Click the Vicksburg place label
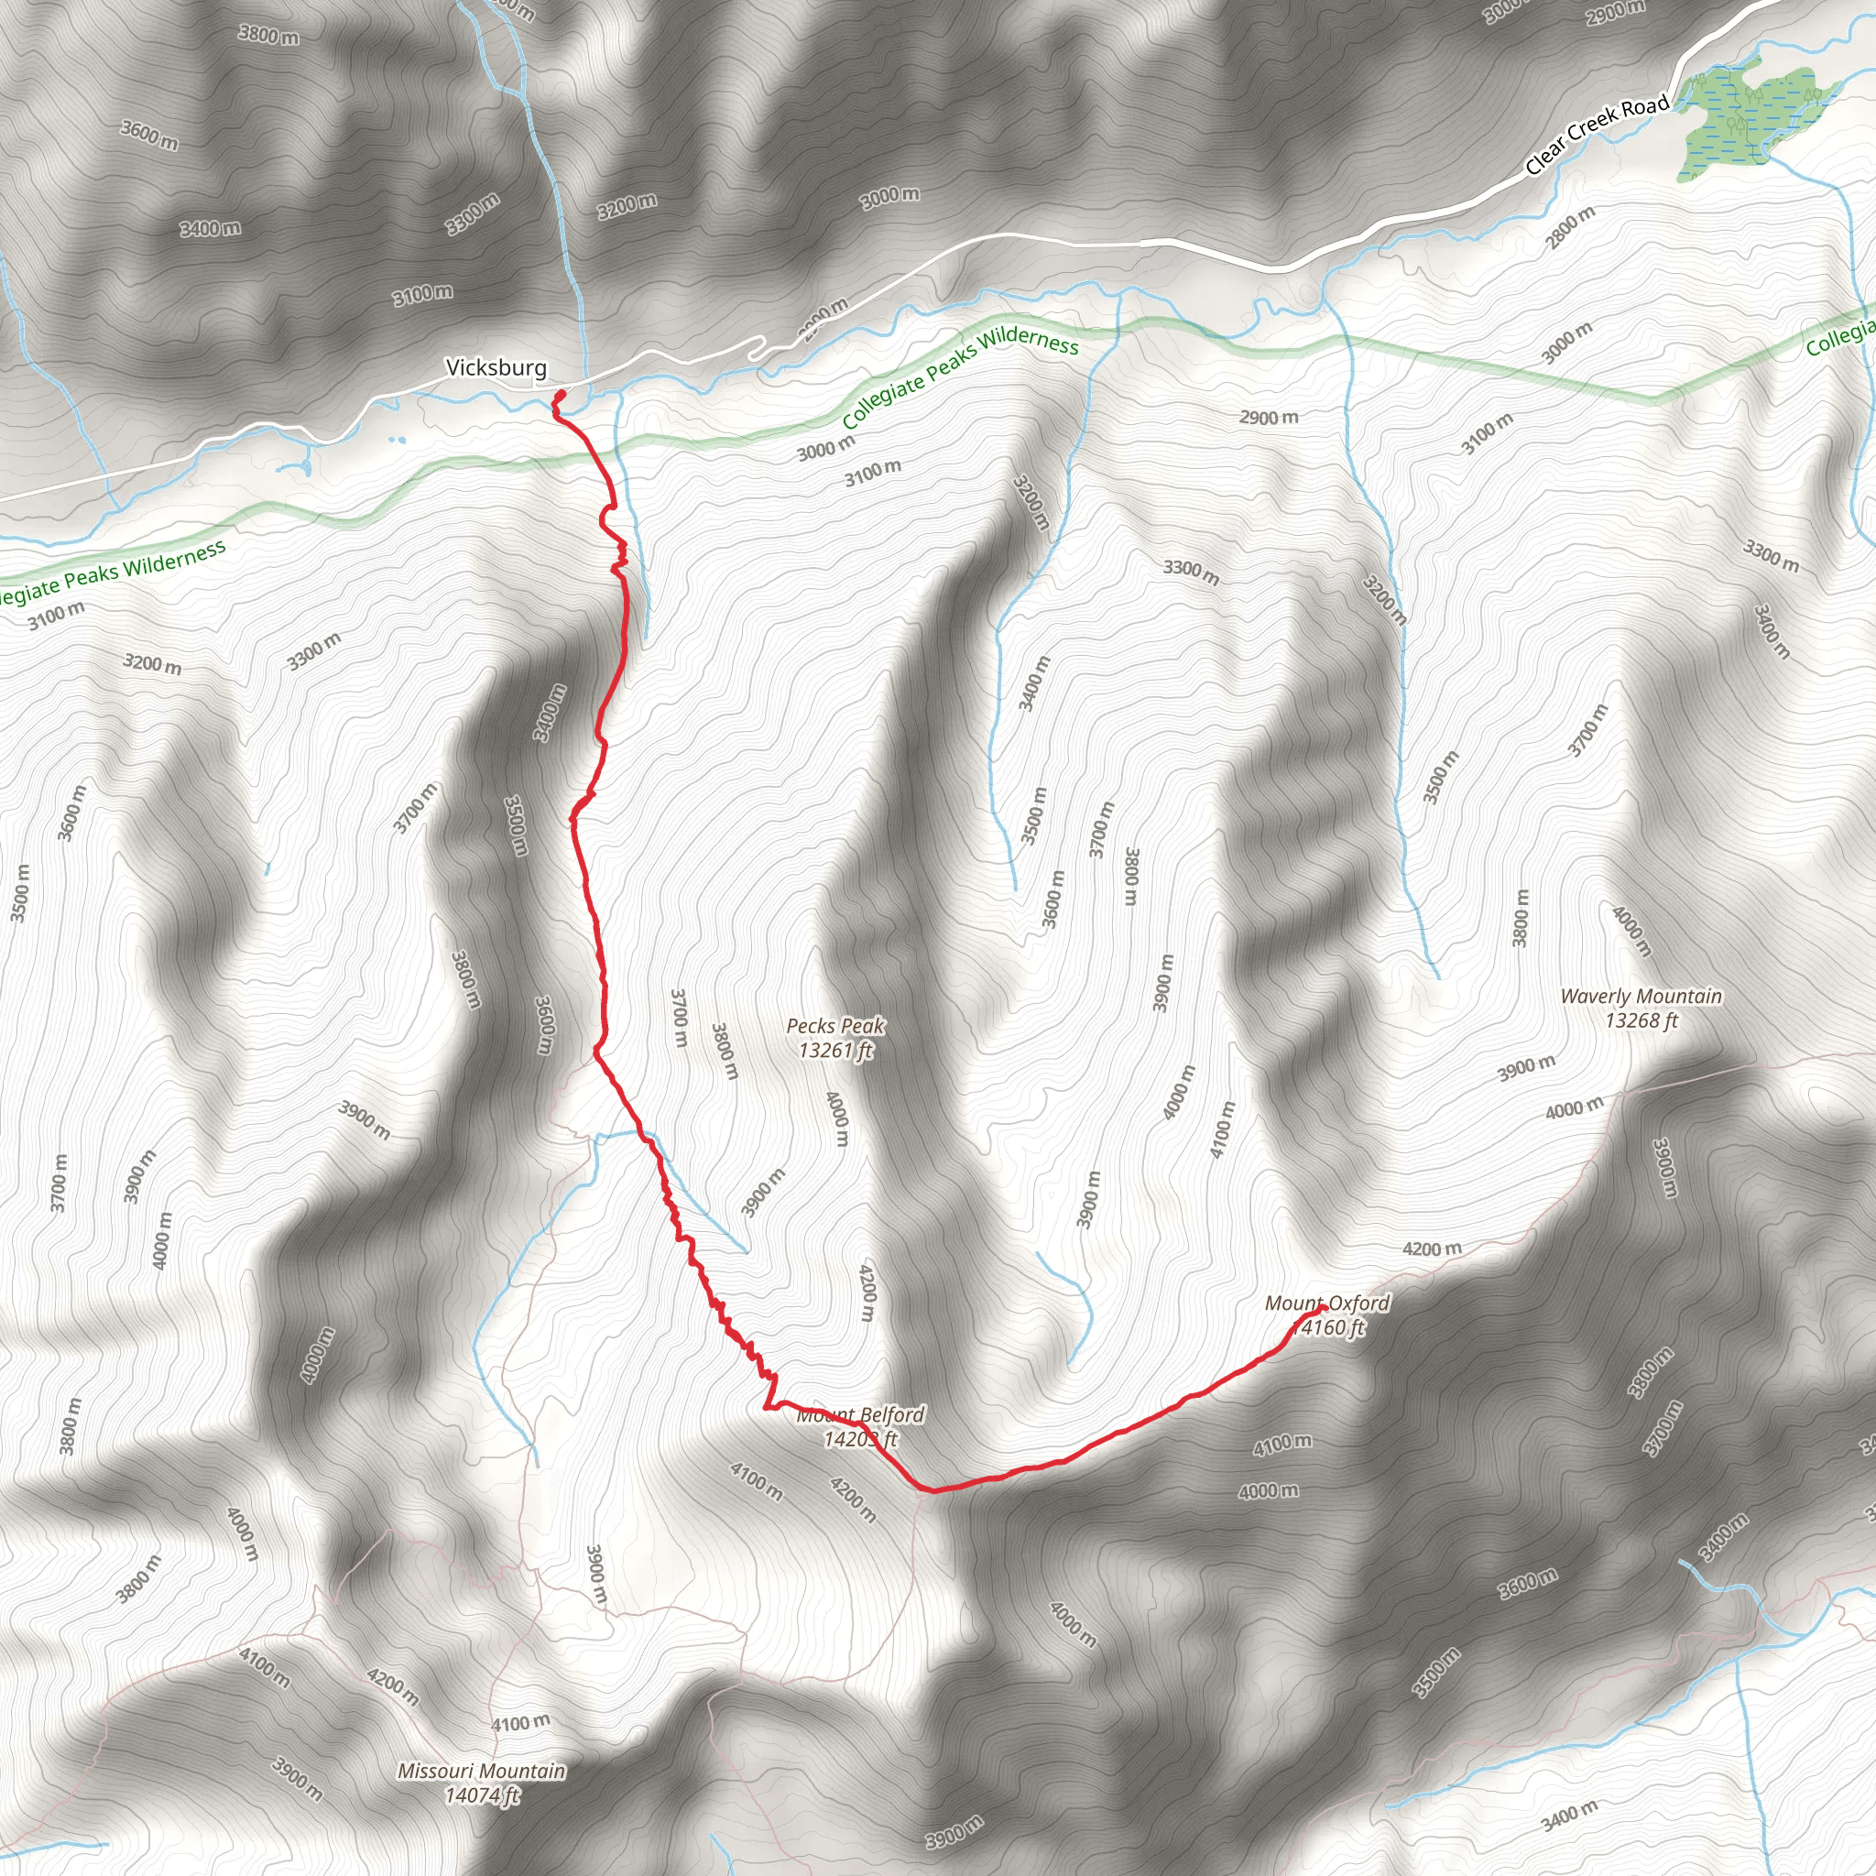click(496, 368)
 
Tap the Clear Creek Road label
click(1597, 134)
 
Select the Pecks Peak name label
click(835, 1025)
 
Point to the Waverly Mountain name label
click(1641, 997)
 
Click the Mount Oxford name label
click(1326, 1303)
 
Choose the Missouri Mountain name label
click(482, 1772)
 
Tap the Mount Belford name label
click(860, 1414)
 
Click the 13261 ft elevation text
click(835, 1050)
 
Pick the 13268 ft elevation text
click(1641, 1020)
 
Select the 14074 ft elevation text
click(482, 1795)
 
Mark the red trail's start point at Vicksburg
click(562, 393)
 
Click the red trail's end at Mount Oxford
click(1323, 1307)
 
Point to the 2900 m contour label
click(1268, 418)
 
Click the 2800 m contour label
click(1570, 226)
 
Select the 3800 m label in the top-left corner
click(269, 36)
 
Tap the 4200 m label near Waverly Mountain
click(1432, 1249)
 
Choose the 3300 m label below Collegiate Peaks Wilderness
click(1191, 572)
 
